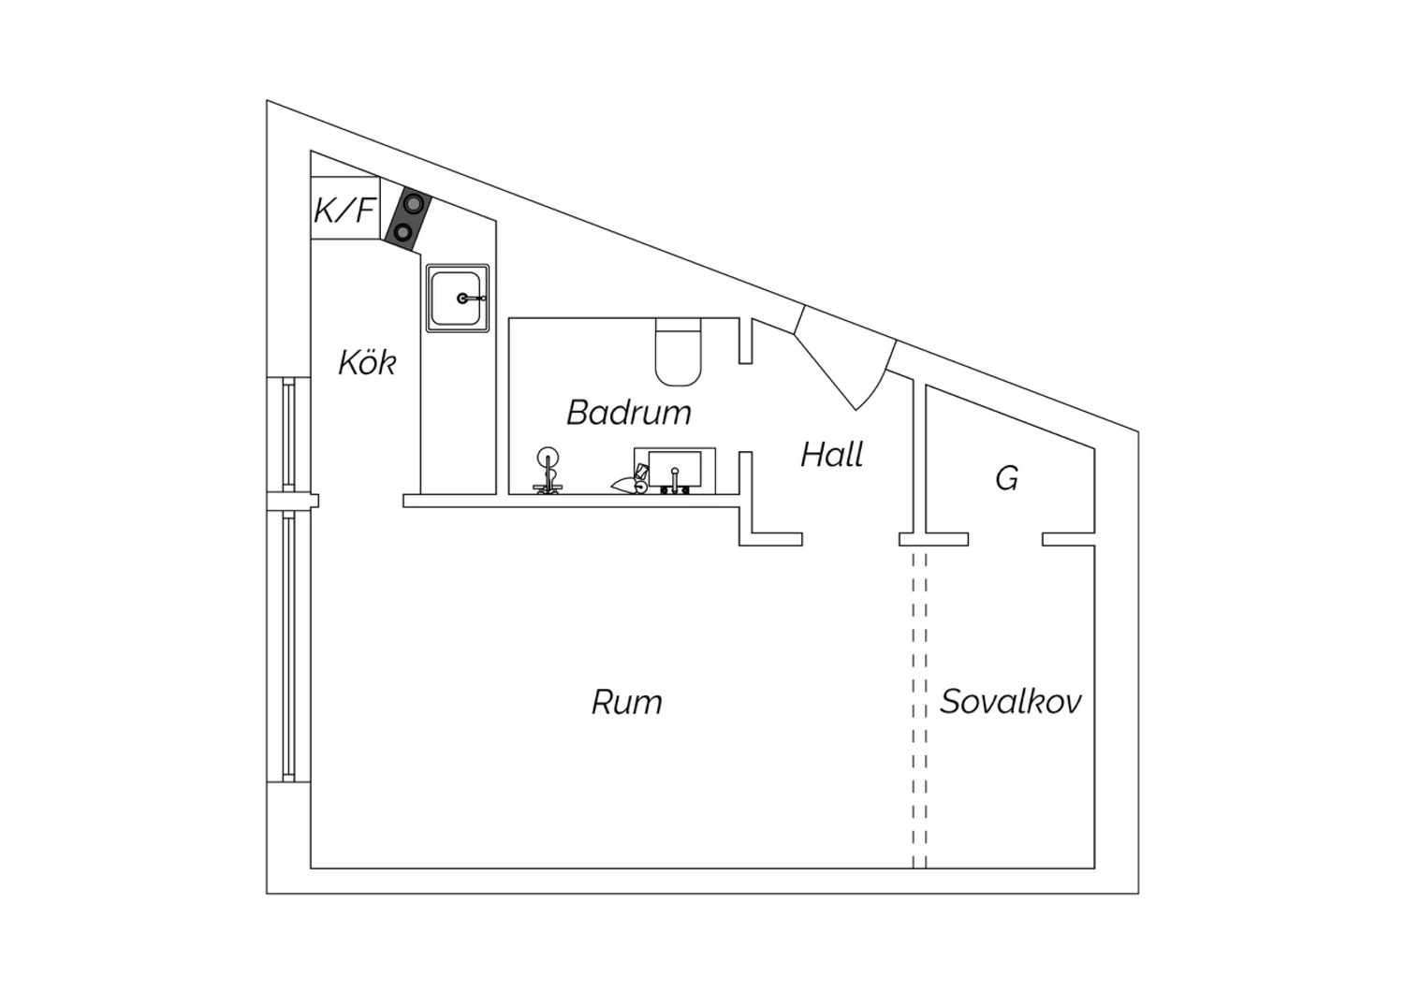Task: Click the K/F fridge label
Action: pos(344,211)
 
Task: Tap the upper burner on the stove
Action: pos(413,203)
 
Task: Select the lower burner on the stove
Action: pos(402,233)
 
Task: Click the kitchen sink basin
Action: pos(458,299)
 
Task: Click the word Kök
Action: pos(367,362)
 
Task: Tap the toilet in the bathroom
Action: pos(678,352)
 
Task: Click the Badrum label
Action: pos(629,413)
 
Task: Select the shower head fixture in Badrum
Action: pos(548,470)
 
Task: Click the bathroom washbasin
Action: pos(675,468)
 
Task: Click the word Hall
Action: pos(832,454)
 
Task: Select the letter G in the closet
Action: pos(1006,479)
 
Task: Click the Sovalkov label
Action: pos(1010,701)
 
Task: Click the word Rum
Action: pos(627,702)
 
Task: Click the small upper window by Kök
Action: pos(288,434)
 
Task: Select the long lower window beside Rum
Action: pos(288,646)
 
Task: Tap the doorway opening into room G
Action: pos(1005,539)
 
